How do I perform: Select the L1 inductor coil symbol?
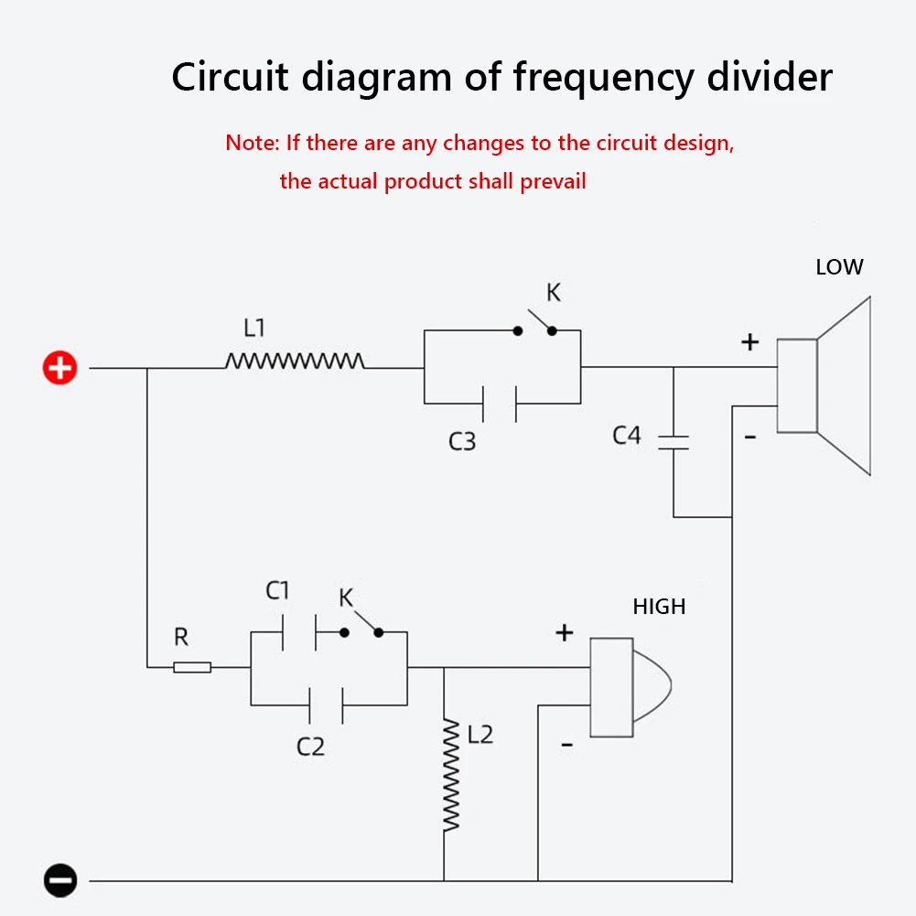(295, 361)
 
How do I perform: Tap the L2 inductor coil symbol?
(450, 774)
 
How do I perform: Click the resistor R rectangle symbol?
(192, 667)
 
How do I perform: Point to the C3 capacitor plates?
(500, 403)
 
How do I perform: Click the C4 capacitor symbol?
(674, 442)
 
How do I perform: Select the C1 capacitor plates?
(298, 632)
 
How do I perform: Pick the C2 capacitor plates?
(327, 705)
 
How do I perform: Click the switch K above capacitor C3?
(535, 324)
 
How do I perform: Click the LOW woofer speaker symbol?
(824, 385)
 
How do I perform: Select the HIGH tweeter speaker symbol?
(630, 686)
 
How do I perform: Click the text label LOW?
(839, 267)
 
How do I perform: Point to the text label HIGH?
(659, 606)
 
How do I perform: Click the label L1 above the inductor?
(254, 327)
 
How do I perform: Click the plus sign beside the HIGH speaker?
(565, 632)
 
